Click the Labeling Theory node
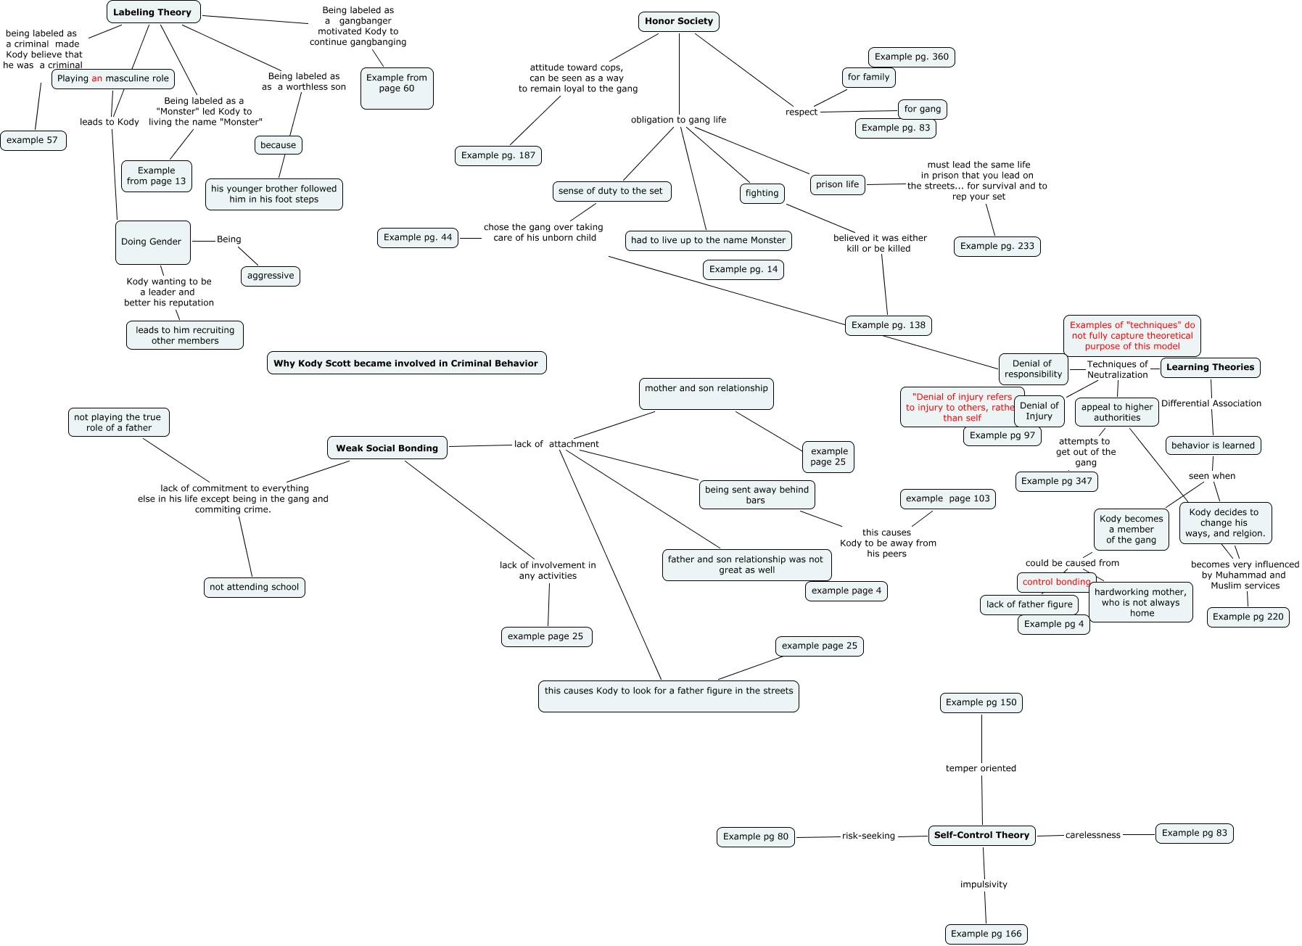click(x=153, y=12)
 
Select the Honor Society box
click(x=679, y=22)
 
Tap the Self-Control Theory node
click(x=981, y=836)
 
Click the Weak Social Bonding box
click(x=387, y=448)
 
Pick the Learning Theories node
click(x=1210, y=368)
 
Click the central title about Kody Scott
click(x=406, y=363)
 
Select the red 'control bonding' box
click(x=1056, y=582)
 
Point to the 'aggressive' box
click(x=271, y=276)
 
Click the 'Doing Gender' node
click(x=152, y=242)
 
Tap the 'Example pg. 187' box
click(x=498, y=155)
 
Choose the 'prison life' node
click(x=837, y=185)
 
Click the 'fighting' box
click(x=762, y=194)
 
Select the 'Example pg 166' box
click(x=986, y=934)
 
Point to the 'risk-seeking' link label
click(x=868, y=836)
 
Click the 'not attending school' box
click(x=254, y=588)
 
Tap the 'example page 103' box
click(x=947, y=499)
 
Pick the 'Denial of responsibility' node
click(x=1033, y=369)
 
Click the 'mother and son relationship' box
click(x=706, y=393)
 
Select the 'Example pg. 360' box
click(x=911, y=57)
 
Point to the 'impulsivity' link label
click(x=984, y=885)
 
